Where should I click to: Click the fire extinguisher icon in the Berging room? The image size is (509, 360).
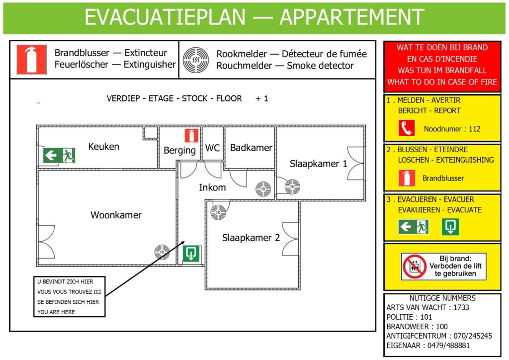coord(191,136)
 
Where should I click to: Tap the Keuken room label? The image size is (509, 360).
coord(103,146)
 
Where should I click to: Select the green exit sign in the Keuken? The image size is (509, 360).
coord(59,155)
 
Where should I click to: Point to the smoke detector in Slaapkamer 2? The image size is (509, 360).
coord(218,212)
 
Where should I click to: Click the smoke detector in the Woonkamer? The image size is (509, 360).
coord(162,252)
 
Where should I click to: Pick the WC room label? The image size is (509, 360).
coord(212,148)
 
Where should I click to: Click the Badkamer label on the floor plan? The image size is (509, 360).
coord(251,148)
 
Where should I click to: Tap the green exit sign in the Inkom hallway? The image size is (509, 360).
coord(191,254)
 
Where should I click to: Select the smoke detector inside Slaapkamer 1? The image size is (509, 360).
coord(292,187)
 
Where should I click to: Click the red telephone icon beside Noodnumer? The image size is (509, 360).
coord(407,128)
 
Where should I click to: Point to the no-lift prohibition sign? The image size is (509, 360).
coord(415,267)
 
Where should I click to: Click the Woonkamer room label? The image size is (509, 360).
coord(116,215)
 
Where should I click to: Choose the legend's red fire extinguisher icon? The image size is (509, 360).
coord(31,60)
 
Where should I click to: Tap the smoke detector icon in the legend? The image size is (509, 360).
coord(196,60)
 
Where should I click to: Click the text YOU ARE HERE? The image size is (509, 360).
coord(56,312)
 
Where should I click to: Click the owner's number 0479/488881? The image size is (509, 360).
coord(448,346)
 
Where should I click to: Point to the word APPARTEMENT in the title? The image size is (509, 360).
coord(352,17)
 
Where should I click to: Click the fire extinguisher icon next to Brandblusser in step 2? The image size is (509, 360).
coord(407,178)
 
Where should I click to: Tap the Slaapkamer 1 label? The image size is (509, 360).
coord(318,164)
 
